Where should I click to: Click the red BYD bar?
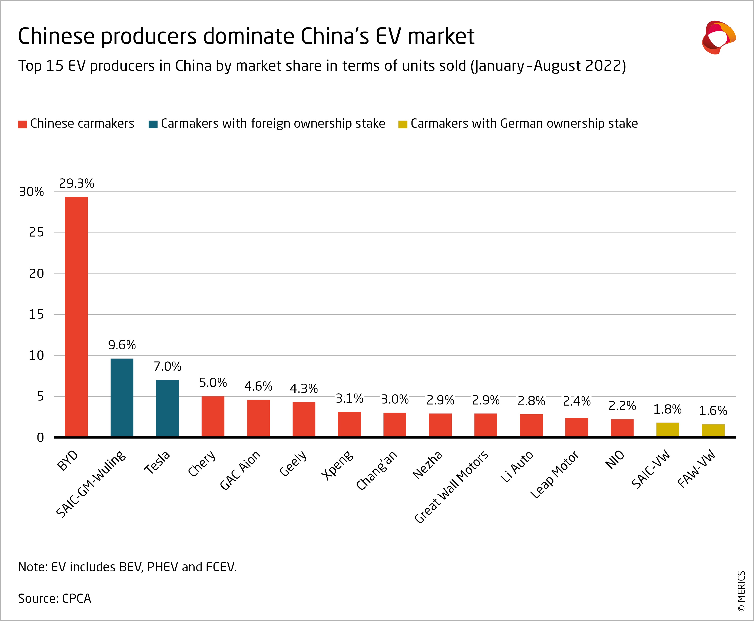point(76,317)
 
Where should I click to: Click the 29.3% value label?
point(76,184)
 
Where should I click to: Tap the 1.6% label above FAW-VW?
point(713,411)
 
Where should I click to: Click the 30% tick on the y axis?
point(32,192)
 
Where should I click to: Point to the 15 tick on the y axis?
point(36,314)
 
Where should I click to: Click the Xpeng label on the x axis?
point(337,465)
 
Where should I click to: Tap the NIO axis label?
point(615,460)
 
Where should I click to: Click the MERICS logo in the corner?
point(718,37)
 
